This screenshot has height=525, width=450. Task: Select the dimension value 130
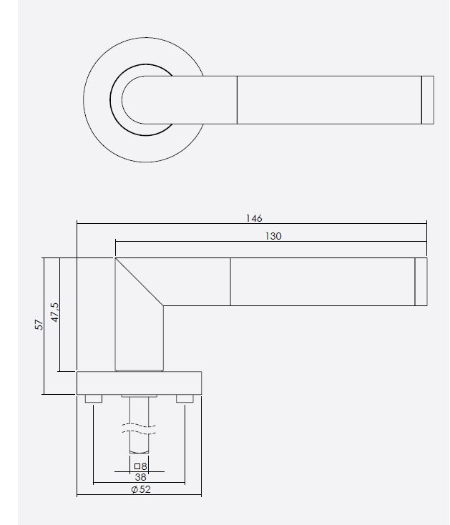click(x=273, y=235)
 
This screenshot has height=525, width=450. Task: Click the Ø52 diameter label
click(x=140, y=489)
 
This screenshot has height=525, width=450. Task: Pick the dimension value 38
click(x=140, y=478)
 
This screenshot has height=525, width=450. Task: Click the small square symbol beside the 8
click(x=137, y=466)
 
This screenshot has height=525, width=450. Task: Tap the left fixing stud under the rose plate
click(x=93, y=398)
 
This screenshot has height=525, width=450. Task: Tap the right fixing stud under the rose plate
click(x=185, y=398)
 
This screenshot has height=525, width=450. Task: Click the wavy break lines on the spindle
click(x=140, y=429)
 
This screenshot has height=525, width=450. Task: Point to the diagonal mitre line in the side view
click(x=140, y=282)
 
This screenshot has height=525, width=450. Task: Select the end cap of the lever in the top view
click(x=427, y=99)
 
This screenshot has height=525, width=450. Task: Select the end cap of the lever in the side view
click(x=421, y=282)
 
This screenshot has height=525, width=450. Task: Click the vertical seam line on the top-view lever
click(x=237, y=99)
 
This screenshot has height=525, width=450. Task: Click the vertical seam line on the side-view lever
click(x=230, y=282)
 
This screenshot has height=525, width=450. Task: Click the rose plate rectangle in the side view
click(x=139, y=383)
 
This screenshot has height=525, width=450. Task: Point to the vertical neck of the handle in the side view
click(x=139, y=336)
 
